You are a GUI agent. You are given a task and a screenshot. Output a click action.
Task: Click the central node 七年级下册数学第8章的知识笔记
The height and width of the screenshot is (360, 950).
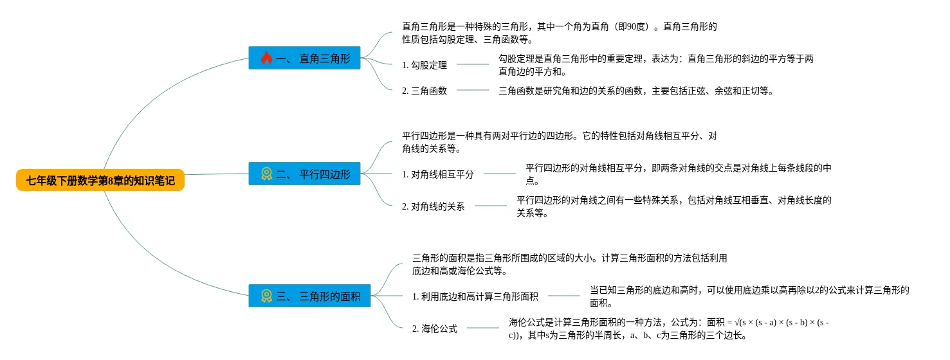tap(100, 181)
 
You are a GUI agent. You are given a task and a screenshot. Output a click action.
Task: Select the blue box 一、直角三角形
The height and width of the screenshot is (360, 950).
tap(304, 59)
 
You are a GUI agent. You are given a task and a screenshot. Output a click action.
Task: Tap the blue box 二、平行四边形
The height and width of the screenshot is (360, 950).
tap(304, 174)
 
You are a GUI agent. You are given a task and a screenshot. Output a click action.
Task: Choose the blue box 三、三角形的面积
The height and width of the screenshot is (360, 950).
tap(309, 296)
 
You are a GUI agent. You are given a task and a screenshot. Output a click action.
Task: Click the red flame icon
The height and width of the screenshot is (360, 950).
tap(266, 59)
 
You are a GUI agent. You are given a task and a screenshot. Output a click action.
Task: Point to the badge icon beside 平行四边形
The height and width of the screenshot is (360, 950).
tap(266, 174)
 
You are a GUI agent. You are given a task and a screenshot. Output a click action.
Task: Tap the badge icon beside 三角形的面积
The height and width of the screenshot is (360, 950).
tap(266, 296)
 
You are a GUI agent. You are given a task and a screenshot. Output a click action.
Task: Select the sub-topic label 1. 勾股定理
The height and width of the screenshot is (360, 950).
tap(425, 64)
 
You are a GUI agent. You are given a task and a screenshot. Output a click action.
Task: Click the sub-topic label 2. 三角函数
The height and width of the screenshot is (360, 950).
tap(425, 91)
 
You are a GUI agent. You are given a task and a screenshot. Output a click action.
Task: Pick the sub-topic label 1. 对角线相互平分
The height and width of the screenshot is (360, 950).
tap(438, 174)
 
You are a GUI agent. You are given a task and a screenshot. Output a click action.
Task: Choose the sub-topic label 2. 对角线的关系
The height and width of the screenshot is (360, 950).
tap(434, 206)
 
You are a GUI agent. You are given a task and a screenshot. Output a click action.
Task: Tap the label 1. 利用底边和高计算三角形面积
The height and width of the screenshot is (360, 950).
tap(475, 296)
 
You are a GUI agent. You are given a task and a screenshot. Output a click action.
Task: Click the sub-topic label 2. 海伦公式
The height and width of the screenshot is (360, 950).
tap(435, 328)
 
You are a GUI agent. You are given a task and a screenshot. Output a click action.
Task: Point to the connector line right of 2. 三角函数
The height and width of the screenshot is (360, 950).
tap(473, 90)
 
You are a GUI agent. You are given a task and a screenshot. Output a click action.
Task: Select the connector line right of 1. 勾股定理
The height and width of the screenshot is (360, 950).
tap(473, 64)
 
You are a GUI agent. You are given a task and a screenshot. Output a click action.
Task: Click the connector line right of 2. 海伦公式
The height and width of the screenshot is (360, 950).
tap(482, 328)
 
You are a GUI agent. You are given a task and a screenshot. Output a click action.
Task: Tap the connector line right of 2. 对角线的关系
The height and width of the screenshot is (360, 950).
tap(490, 206)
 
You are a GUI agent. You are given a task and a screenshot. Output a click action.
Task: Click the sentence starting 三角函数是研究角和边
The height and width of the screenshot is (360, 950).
tap(635, 91)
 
